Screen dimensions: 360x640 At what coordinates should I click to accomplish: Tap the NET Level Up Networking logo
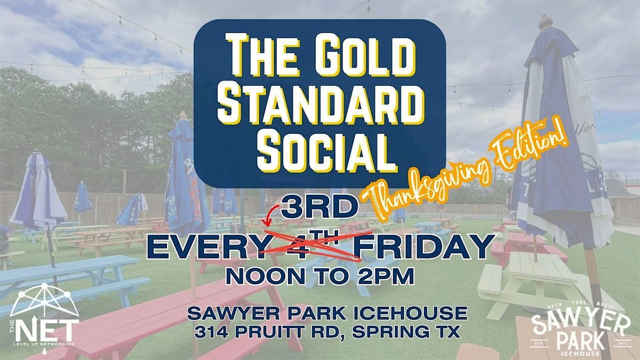45,315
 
